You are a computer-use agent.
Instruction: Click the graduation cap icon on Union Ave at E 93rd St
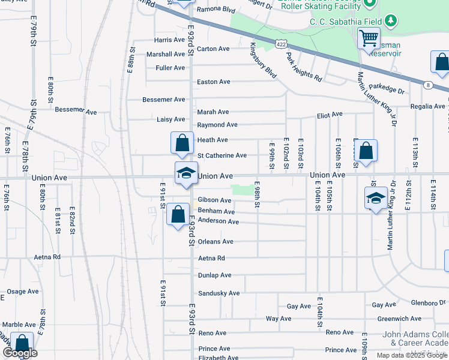pos(186,173)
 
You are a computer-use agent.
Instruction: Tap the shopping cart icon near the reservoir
pos(369,38)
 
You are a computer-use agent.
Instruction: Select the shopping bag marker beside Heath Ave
pos(182,143)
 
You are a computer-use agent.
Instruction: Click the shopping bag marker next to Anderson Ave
pos(178,215)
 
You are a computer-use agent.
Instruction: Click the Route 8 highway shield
pos(428,85)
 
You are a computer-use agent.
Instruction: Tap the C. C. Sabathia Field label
pos(346,22)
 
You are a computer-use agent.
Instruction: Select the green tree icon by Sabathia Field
pos(391,22)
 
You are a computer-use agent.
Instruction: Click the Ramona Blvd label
pos(218,10)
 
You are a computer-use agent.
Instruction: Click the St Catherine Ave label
pos(221,155)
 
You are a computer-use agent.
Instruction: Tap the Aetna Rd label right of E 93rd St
pos(211,258)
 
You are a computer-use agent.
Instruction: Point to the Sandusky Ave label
pos(218,293)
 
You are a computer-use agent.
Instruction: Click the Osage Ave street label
pos(22,292)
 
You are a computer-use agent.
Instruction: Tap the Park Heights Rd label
pos(304,67)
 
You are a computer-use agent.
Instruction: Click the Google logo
pos(20,353)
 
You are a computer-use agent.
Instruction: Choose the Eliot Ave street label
pos(330,114)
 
